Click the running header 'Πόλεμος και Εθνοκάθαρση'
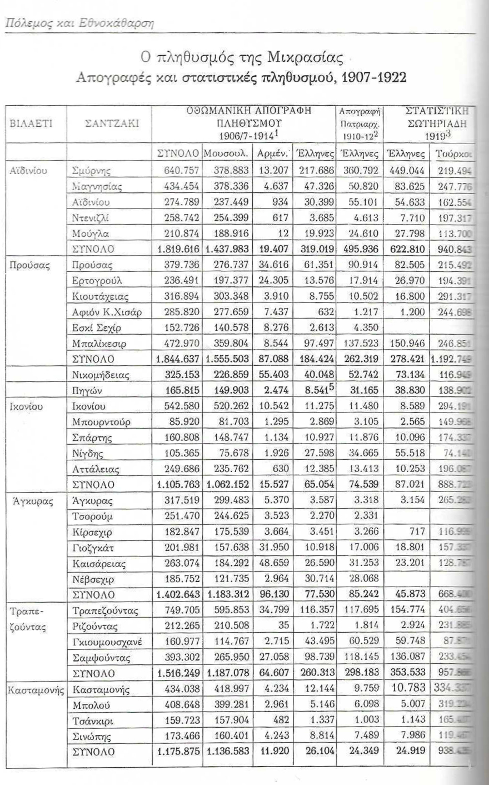coord(79,23)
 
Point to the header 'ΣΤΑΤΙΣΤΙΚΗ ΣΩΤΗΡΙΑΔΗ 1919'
coord(435,123)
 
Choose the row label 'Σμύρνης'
coord(92,171)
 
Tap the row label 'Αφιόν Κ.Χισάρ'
coord(107,312)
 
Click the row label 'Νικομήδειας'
coord(101,375)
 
